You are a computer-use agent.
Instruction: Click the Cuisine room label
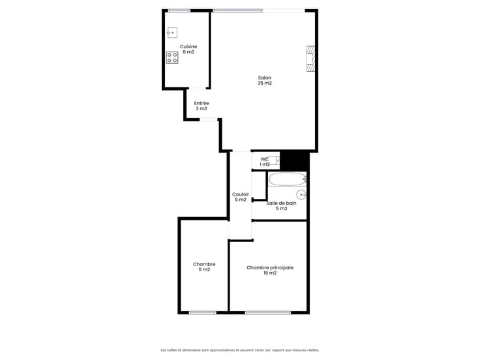point(188,46)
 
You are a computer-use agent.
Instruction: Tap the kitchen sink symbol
point(172,33)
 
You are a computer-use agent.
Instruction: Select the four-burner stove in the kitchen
point(172,57)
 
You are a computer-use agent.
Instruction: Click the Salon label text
point(265,78)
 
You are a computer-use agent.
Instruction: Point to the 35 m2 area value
point(265,83)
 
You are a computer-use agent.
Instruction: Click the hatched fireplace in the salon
point(310,59)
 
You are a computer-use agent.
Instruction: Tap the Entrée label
point(202,103)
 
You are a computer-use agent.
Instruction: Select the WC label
point(265,159)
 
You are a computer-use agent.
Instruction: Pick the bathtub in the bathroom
point(288,179)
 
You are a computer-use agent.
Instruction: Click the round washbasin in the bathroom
point(301,194)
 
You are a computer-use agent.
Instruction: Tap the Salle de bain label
point(281,203)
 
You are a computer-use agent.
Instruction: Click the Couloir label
point(241,194)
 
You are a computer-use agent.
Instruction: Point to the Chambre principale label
point(270,267)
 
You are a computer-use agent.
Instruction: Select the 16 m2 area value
point(270,273)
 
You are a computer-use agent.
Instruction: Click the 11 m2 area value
point(204,270)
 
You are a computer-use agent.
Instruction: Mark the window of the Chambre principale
point(268,312)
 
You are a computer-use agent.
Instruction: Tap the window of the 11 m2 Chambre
point(202,312)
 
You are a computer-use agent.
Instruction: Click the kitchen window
point(179,10)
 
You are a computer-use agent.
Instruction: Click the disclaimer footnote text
point(240,350)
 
